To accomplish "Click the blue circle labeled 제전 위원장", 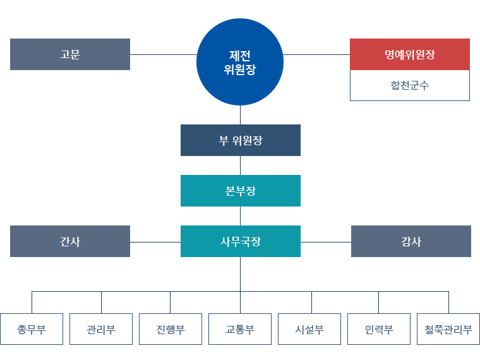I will [240, 62].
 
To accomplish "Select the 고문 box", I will [70, 54].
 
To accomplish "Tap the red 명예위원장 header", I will [410, 54].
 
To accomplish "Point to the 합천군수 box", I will [410, 85].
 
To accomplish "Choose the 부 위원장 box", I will [240, 140].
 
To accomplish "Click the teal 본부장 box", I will [240, 191].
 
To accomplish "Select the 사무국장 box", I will [240, 241].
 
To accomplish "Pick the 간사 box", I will [70, 241].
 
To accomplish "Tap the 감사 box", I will [411, 241].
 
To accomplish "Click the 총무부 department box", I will [32, 329].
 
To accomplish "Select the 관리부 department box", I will [101, 329].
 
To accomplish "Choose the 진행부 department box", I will [171, 329].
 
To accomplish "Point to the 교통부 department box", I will [240, 329].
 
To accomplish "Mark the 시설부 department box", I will [309, 329].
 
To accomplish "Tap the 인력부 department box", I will [379, 329].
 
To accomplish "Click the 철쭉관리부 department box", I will [448, 329].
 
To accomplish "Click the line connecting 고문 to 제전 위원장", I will [163, 54].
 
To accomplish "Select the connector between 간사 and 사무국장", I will [155, 242].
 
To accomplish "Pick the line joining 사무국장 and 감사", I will [325, 242].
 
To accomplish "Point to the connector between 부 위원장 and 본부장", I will [240, 165].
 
